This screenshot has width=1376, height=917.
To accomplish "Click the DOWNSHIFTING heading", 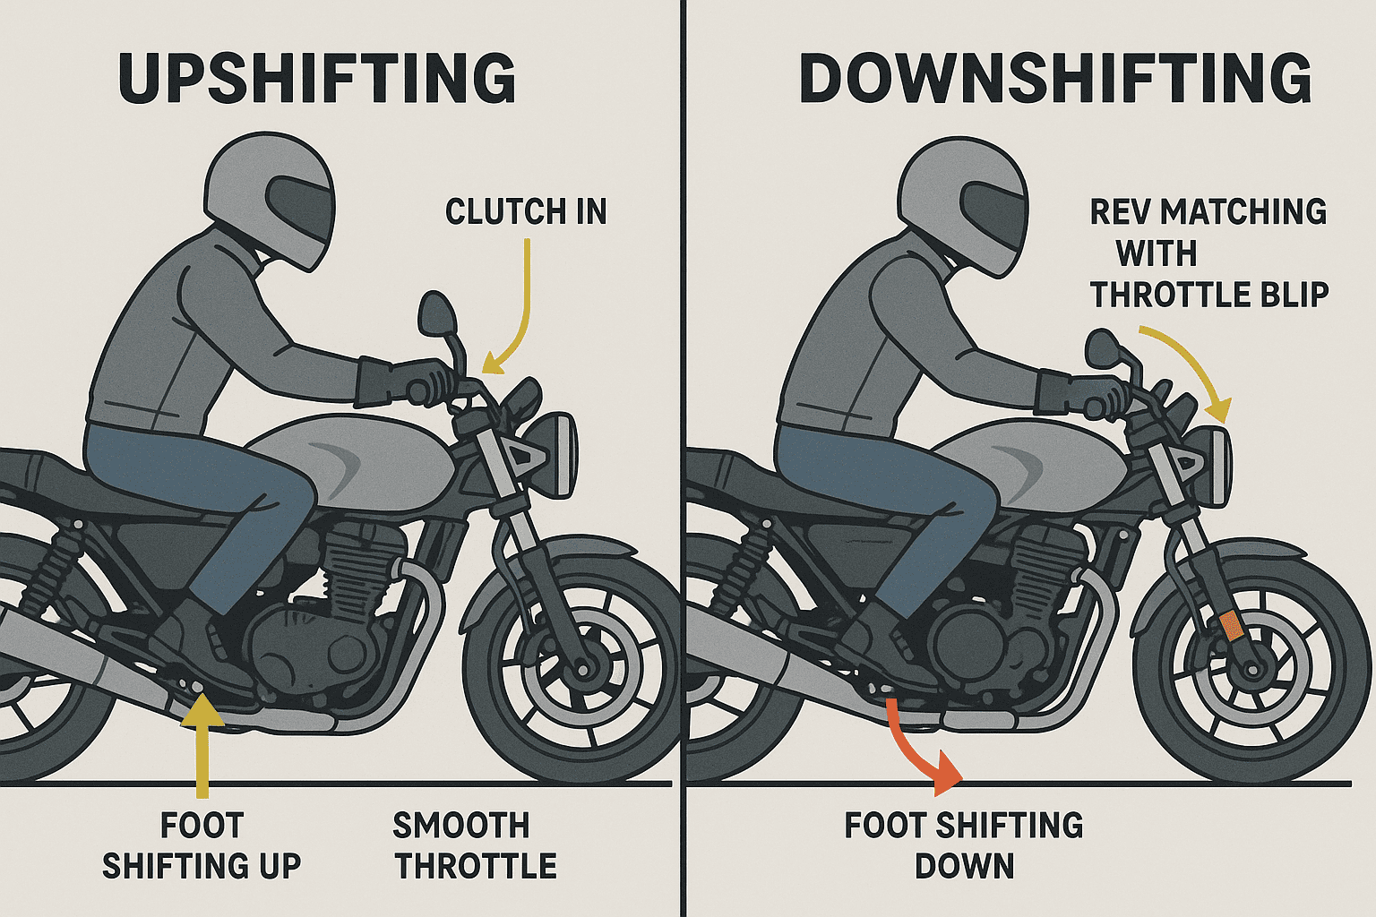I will (x=1054, y=79).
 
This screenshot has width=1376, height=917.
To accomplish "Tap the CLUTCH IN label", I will (x=526, y=212).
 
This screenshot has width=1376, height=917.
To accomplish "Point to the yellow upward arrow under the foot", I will (x=202, y=743).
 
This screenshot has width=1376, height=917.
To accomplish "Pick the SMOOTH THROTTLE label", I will (x=475, y=846).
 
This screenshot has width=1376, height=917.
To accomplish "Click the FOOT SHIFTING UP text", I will (x=202, y=846).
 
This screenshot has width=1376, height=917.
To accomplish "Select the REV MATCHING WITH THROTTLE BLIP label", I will (x=1208, y=253).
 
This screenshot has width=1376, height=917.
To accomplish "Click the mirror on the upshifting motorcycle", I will (x=437, y=315).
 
